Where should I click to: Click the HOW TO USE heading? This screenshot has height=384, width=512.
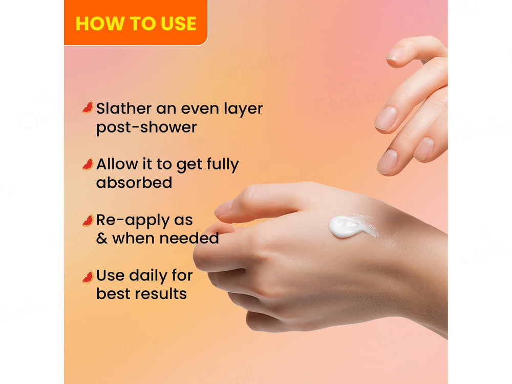(136, 24)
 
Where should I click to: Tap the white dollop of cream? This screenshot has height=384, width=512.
(349, 226)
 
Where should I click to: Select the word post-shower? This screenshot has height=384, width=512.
(146, 127)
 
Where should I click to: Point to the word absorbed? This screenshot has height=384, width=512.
(134, 183)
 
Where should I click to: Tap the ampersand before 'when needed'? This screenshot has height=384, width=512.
(102, 239)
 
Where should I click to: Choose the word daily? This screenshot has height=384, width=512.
(148, 275)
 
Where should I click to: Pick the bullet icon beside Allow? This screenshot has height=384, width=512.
(88, 164)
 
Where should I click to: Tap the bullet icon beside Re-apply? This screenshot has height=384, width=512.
(88, 221)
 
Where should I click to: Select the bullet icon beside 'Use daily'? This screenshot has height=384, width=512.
(88, 277)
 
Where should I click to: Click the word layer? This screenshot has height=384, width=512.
(240, 109)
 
